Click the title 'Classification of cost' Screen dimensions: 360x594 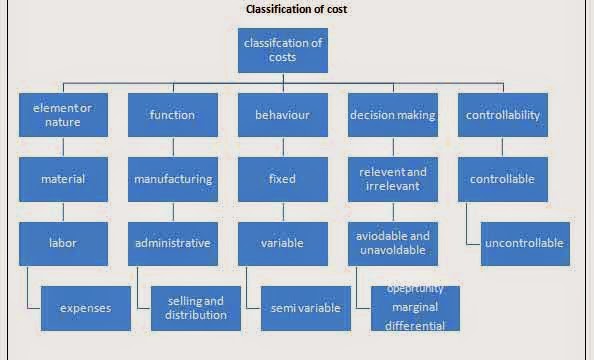click(x=297, y=10)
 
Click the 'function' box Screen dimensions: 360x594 click(x=172, y=115)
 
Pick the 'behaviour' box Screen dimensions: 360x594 click(x=282, y=115)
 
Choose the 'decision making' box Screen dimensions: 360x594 click(x=392, y=115)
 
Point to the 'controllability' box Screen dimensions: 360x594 click(x=502, y=115)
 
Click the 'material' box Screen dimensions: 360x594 click(x=63, y=179)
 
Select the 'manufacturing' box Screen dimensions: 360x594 click(x=172, y=179)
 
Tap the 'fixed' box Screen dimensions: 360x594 click(x=282, y=179)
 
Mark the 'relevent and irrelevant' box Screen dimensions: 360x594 click(x=392, y=179)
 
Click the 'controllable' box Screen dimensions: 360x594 click(x=502, y=179)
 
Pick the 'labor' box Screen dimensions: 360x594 click(x=63, y=243)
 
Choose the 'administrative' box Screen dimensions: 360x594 click(x=172, y=243)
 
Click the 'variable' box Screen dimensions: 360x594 click(x=282, y=243)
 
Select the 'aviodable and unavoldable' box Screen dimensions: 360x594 click(x=392, y=243)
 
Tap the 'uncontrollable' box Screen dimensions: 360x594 click(x=525, y=243)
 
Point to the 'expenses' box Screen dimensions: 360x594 click(x=85, y=308)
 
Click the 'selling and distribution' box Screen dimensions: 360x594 click(x=195, y=308)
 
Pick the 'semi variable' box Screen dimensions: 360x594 click(x=305, y=308)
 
